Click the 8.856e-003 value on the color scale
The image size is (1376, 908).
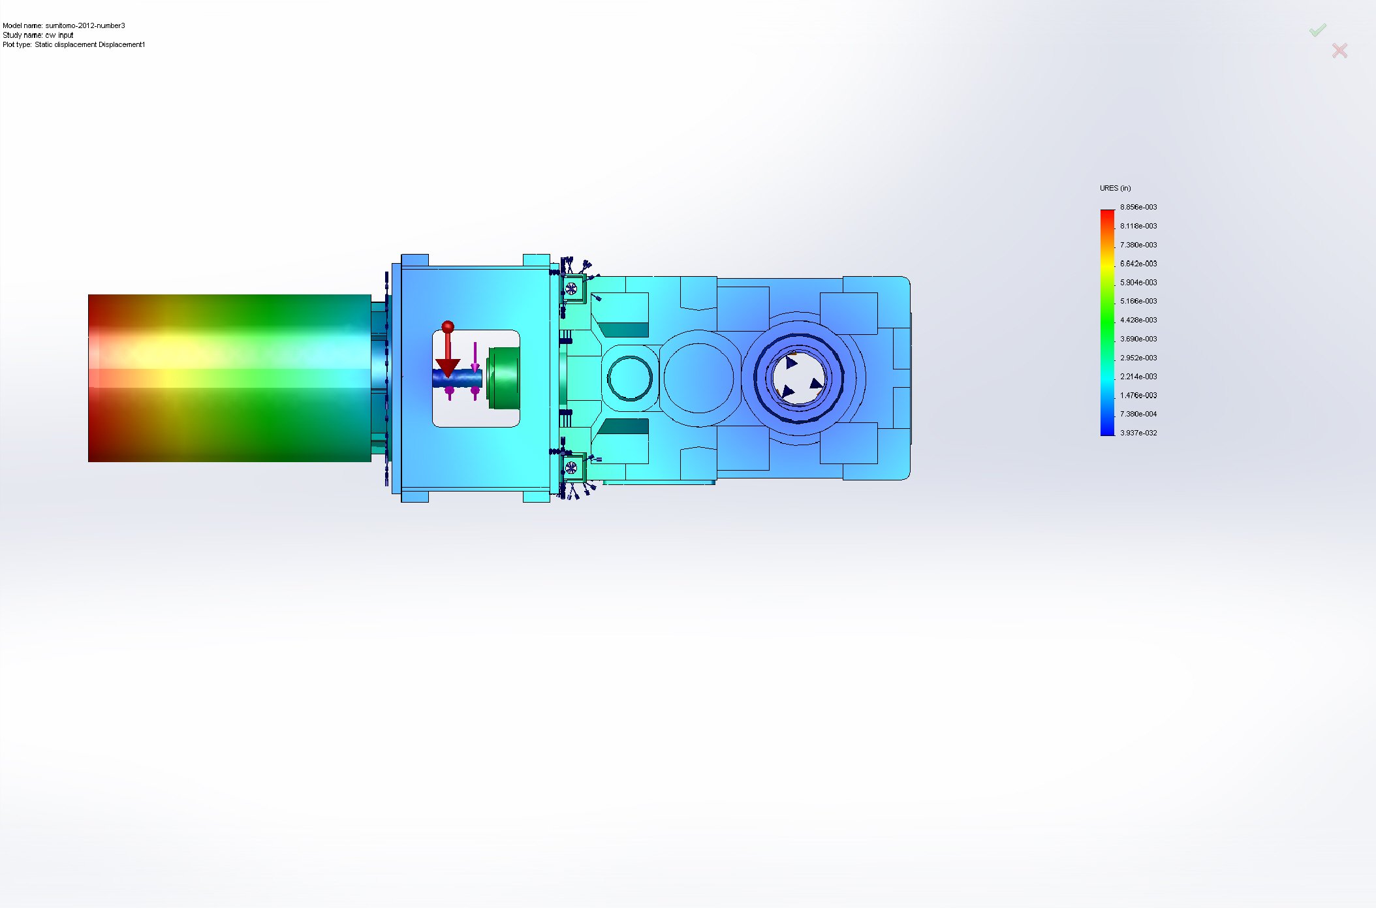1138,207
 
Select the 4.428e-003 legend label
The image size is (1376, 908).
1138,320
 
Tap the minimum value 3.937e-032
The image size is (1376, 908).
1138,433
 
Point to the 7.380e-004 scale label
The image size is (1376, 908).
1138,414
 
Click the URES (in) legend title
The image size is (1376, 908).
1115,188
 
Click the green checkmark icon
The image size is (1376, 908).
1317,30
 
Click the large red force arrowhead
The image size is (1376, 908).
448,368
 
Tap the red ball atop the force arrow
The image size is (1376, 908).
447,326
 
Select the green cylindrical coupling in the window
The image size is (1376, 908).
505,379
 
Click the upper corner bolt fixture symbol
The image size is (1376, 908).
572,288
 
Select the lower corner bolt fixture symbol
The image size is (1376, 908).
571,467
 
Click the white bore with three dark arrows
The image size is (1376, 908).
798,379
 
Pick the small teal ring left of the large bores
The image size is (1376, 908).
629,378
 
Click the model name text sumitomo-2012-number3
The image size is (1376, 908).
85,25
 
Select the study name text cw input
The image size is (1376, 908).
59,35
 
